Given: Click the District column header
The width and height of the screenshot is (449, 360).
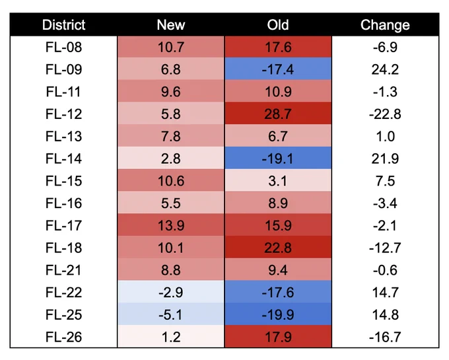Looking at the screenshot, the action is (63, 25).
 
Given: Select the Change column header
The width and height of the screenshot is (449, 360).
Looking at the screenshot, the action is (385, 25).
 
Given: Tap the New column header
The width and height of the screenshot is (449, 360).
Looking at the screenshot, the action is (171, 25).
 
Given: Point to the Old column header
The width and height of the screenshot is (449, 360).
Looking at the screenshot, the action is (278, 25).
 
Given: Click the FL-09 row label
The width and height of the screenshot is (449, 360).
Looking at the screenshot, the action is (63, 69).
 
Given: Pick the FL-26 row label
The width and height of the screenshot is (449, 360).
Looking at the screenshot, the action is (63, 337).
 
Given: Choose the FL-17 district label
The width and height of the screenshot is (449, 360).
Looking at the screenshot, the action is (63, 225).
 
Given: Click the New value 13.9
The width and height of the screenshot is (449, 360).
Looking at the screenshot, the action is (171, 225).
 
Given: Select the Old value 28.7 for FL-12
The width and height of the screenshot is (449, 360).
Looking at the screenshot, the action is (278, 114).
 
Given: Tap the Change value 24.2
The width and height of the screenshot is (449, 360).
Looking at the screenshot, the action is (385, 69).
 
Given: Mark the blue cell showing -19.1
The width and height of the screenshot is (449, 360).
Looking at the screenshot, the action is (278, 159).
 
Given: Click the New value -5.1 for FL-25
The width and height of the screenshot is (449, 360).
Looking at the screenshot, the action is (171, 314).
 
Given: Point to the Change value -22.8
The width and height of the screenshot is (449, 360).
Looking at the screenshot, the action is (385, 114).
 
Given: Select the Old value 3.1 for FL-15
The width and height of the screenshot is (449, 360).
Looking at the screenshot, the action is (278, 181).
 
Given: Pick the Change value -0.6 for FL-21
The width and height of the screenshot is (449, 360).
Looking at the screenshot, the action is (385, 270).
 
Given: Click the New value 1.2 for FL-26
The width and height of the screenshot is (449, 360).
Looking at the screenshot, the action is (171, 337).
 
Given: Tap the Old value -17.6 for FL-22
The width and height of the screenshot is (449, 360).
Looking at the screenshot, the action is (278, 292).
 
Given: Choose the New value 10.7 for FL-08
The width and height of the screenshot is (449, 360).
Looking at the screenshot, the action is (171, 47).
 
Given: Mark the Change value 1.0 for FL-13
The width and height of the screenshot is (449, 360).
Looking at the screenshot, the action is (385, 136).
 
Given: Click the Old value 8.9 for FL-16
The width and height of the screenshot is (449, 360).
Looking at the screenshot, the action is (278, 203).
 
